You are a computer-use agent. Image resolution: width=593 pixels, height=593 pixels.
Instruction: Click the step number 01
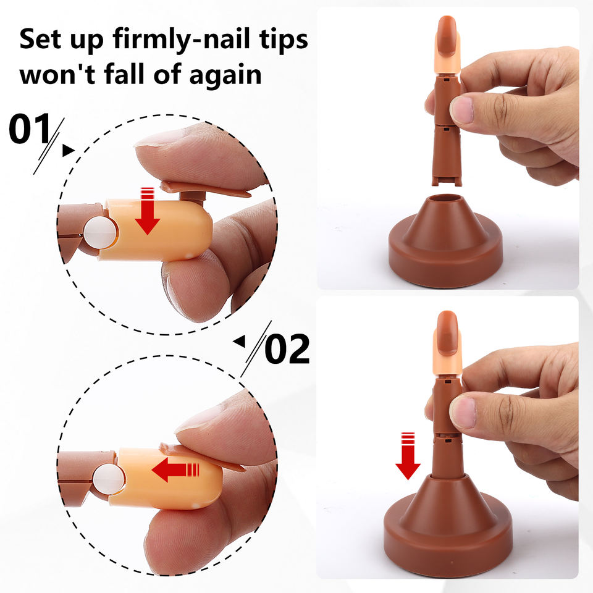click(x=30, y=128)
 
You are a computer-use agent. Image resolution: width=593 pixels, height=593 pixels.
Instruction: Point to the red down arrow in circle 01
click(x=147, y=211)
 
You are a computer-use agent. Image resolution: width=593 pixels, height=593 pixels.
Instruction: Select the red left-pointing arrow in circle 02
click(x=175, y=469)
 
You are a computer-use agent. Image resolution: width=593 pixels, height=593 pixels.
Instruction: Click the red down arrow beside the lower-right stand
click(x=408, y=456)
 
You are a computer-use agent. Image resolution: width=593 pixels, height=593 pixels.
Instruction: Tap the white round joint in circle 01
click(x=100, y=233)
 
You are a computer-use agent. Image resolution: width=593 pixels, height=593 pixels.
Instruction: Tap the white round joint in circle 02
click(x=109, y=479)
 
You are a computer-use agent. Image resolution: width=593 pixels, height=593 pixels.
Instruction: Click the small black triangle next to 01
click(x=68, y=150)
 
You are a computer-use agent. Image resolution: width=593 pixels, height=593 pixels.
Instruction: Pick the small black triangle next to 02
click(x=239, y=342)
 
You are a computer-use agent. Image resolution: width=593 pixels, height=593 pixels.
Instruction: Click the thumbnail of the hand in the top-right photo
click(x=461, y=110)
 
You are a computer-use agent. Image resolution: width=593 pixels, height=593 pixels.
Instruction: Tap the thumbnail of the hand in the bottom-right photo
click(x=463, y=412)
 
